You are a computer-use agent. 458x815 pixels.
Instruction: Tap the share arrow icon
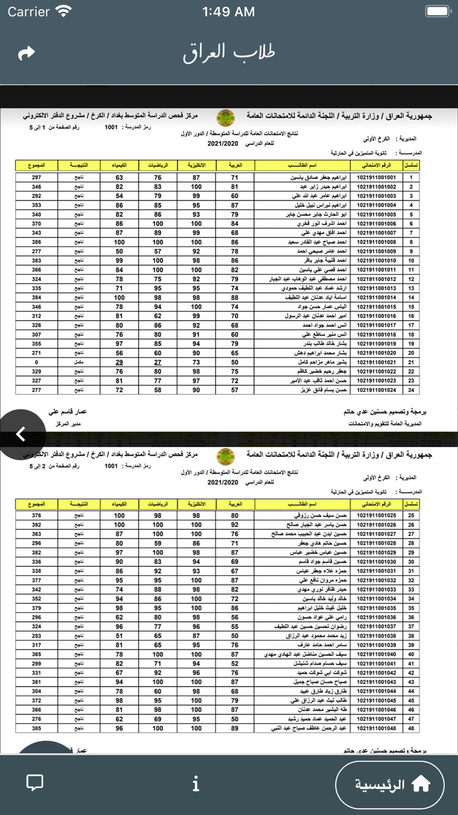pyautogui.click(x=27, y=53)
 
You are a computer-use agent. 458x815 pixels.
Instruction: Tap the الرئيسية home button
pyautogui.click(x=390, y=785)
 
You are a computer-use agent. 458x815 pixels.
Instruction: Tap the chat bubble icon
pyautogui.click(x=35, y=782)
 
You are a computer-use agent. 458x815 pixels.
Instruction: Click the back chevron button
pyautogui.click(x=21, y=434)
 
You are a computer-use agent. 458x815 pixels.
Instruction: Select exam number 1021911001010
pyautogui.click(x=376, y=260)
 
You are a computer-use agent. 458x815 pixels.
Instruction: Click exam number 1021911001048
pyautogui.click(x=376, y=728)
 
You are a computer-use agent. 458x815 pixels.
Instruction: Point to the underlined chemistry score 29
pyautogui.click(x=119, y=362)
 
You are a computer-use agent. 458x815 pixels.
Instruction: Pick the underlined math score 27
pyautogui.click(x=158, y=362)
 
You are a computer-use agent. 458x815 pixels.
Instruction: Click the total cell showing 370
pyautogui.click(x=37, y=224)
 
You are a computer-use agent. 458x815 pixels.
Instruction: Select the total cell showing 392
pyautogui.click(x=37, y=525)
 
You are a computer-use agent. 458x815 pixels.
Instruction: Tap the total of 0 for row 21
pyautogui.click(x=37, y=362)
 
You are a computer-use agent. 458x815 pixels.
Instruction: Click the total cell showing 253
pyautogui.click(x=37, y=636)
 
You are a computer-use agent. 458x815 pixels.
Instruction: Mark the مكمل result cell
pyautogui.click(x=79, y=362)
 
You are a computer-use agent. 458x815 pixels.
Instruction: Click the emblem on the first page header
pyautogui.click(x=225, y=118)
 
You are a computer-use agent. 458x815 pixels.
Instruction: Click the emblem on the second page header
pyautogui.click(x=225, y=457)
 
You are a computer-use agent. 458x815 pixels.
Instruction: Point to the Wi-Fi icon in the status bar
pyautogui.click(x=63, y=11)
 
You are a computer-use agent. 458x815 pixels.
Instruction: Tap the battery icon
pyautogui.click(x=438, y=11)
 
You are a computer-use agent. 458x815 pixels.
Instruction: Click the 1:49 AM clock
pyautogui.click(x=229, y=11)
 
